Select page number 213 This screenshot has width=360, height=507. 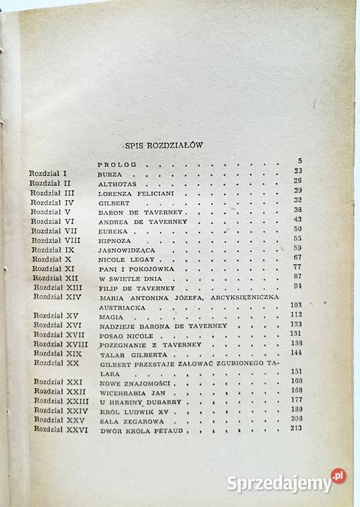(x=294, y=429)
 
